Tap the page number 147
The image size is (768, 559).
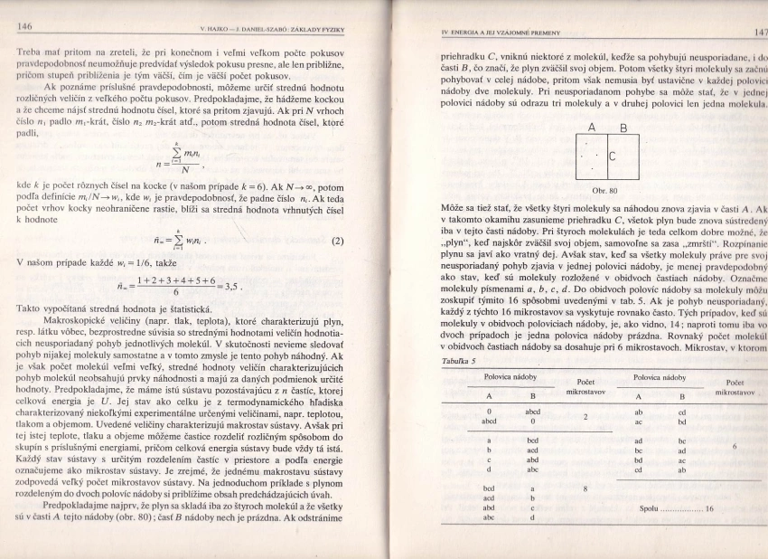pyautogui.click(x=758, y=33)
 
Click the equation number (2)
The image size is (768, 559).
pyautogui.click(x=338, y=241)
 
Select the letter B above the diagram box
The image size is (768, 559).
pyautogui.click(x=623, y=128)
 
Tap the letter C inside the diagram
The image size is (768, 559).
pyautogui.click(x=612, y=156)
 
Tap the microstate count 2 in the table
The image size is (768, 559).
pyautogui.click(x=585, y=417)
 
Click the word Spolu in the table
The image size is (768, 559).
pyautogui.click(x=649, y=508)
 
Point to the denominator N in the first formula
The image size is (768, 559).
pyautogui.click(x=185, y=168)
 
